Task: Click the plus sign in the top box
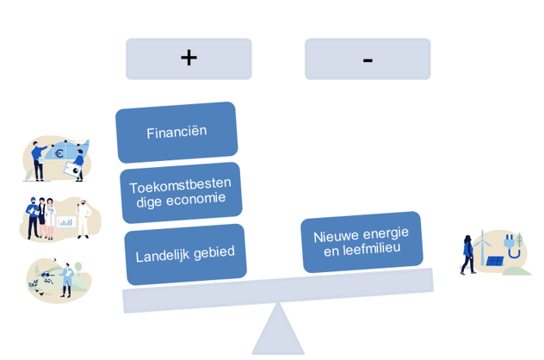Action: coord(189,58)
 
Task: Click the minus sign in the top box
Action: coord(368,59)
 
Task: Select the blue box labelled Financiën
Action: coord(176,133)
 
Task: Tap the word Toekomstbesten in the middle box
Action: coord(179,186)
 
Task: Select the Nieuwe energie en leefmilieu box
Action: coord(362,242)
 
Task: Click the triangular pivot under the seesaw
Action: coord(277,334)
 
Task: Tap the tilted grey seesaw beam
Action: coord(277,291)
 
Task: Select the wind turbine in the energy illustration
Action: coord(482,243)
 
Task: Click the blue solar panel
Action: coord(495,261)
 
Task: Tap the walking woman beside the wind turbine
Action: coord(467,254)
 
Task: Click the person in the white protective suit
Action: coord(83,218)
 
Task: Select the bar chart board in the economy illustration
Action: coord(65,221)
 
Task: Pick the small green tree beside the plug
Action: coord(520,239)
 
